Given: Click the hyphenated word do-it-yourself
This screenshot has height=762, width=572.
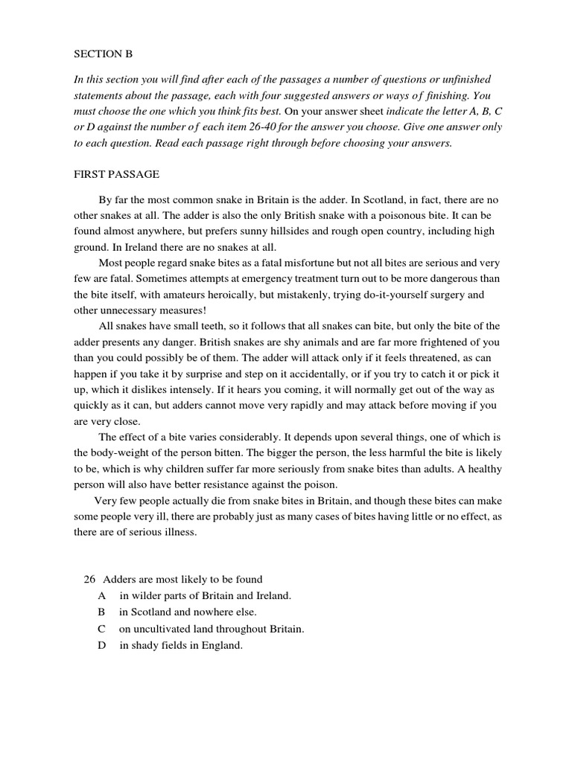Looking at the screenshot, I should tap(391, 295).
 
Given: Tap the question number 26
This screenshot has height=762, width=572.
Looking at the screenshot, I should tap(89, 580).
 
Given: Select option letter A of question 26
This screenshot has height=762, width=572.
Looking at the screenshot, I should tap(101, 596).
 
